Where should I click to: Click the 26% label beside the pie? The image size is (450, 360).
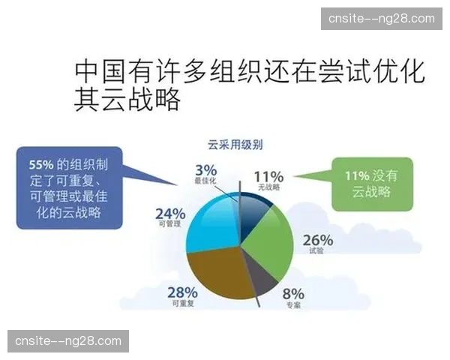pyautogui.click(x=318, y=241)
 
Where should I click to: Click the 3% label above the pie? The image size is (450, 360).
pyautogui.click(x=205, y=169)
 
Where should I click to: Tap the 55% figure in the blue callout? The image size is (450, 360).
pyautogui.click(x=40, y=164)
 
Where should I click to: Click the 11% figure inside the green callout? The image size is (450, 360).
pyautogui.click(x=357, y=175)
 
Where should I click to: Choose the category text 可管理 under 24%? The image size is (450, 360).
pyautogui.click(x=169, y=223)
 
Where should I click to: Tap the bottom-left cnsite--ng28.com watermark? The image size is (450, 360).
pyautogui.click(x=68, y=341)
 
